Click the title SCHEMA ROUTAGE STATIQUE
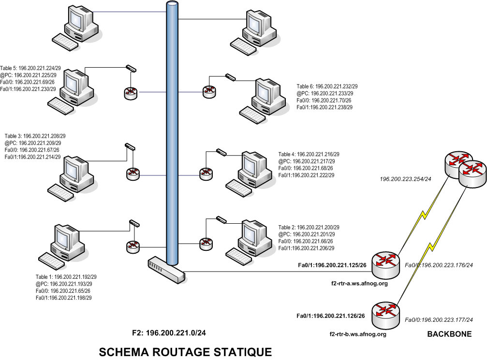[x=185, y=351]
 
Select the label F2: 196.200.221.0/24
[x=172, y=333]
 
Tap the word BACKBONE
[x=449, y=334]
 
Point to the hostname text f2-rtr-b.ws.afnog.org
[x=357, y=334]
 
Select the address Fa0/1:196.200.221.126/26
[x=330, y=316]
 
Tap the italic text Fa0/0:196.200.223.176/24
[x=438, y=265]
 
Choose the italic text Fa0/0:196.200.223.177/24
[x=438, y=319]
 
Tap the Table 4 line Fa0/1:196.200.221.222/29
[x=306, y=175]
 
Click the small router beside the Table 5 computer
[x=131, y=93]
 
